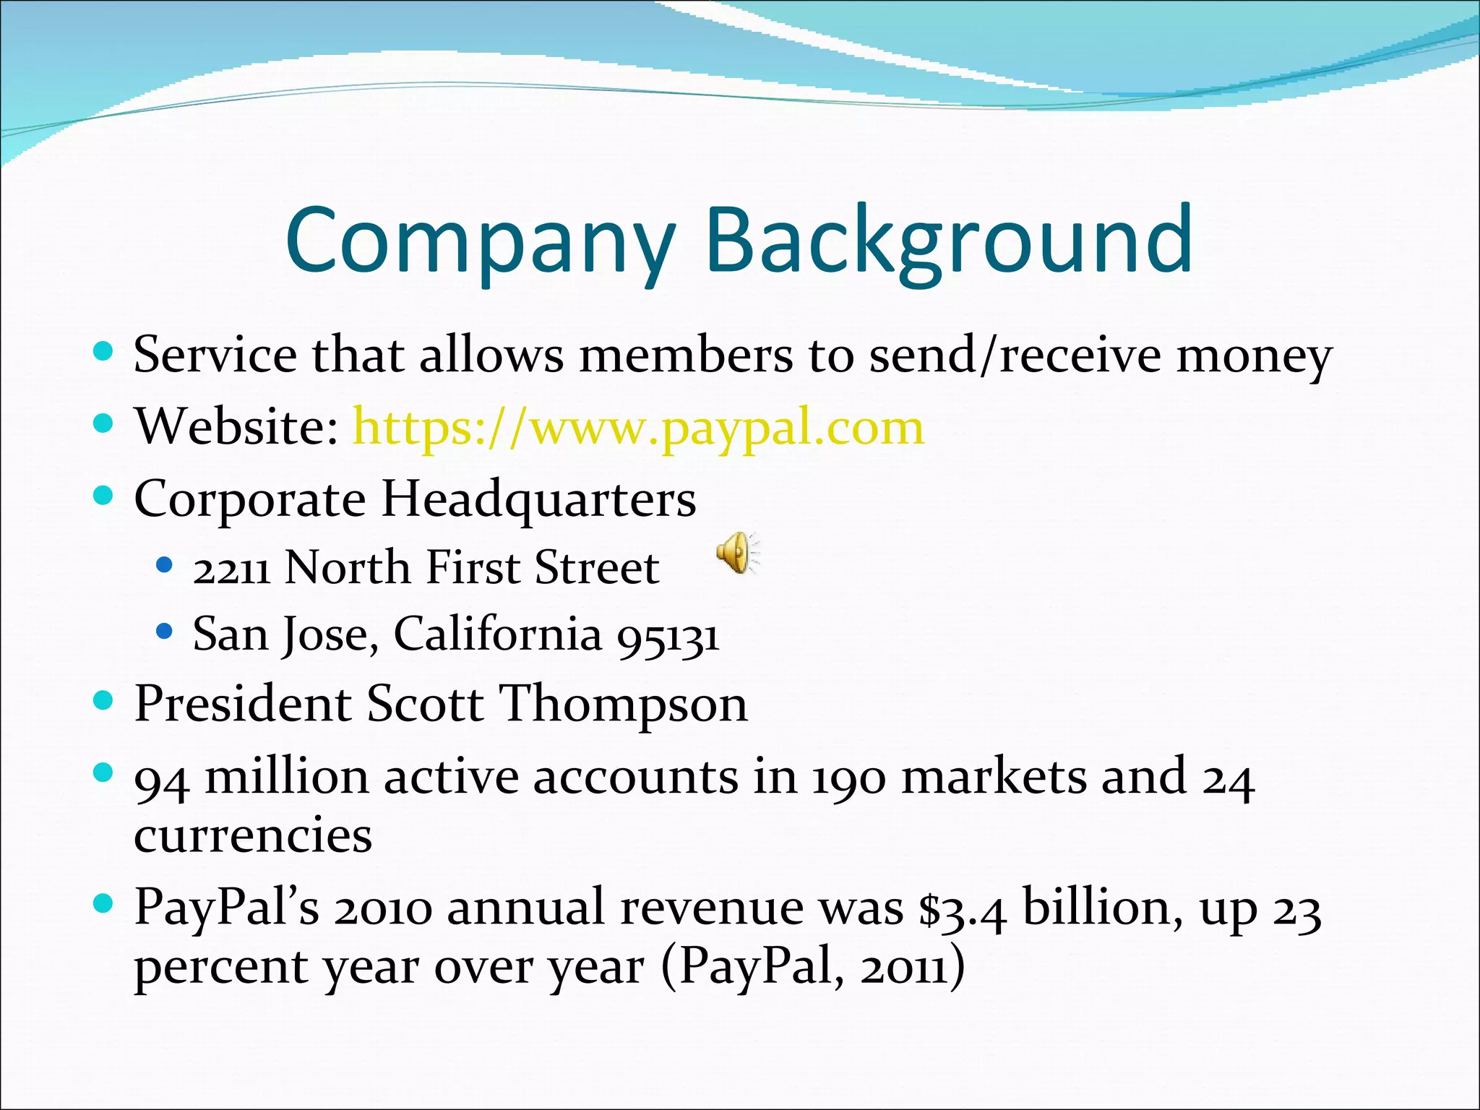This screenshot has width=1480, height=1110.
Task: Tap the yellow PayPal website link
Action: (x=638, y=428)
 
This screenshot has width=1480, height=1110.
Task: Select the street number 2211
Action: (x=231, y=569)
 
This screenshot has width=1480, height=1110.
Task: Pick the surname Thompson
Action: (x=624, y=704)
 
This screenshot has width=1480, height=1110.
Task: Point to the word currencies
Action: (x=253, y=836)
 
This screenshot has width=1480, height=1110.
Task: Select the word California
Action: (x=497, y=634)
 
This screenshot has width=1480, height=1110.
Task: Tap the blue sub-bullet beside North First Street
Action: (x=165, y=565)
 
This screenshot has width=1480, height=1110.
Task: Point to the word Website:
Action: (x=236, y=428)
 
